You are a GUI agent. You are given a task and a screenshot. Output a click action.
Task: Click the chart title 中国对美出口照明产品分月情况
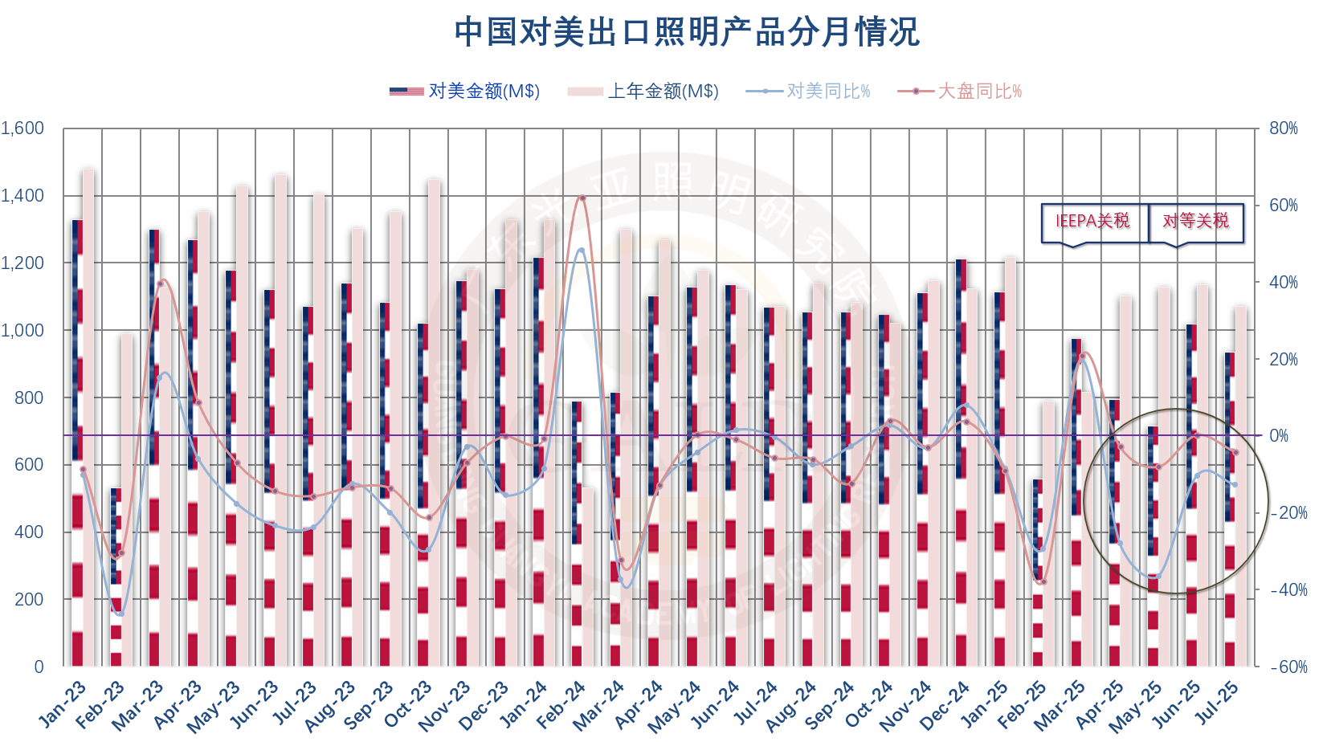(687, 32)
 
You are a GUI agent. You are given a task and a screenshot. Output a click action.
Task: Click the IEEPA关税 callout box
(1092, 222)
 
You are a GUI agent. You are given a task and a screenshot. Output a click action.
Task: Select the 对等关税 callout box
(1195, 222)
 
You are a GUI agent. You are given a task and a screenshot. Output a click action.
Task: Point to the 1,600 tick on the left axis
(22, 128)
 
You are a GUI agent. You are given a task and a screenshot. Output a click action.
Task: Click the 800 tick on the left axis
(29, 397)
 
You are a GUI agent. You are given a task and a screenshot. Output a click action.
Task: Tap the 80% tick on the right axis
(1284, 128)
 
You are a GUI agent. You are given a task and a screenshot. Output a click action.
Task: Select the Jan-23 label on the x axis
(63, 704)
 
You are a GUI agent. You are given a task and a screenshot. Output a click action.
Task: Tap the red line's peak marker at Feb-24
(582, 198)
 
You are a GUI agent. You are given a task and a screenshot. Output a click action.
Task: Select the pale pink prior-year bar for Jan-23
(88, 418)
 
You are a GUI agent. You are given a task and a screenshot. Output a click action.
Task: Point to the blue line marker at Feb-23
(120, 614)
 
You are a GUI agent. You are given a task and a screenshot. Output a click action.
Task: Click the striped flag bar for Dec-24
(961, 463)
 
